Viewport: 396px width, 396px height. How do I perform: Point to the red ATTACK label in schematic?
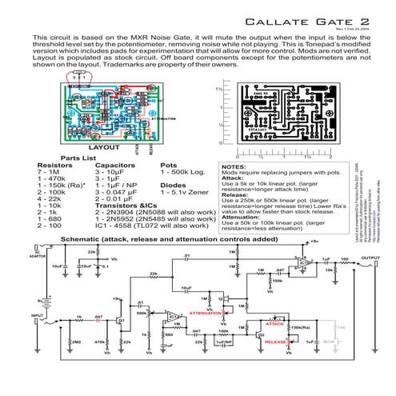tap(274, 325)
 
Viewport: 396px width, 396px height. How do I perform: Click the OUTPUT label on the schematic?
tap(369, 258)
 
